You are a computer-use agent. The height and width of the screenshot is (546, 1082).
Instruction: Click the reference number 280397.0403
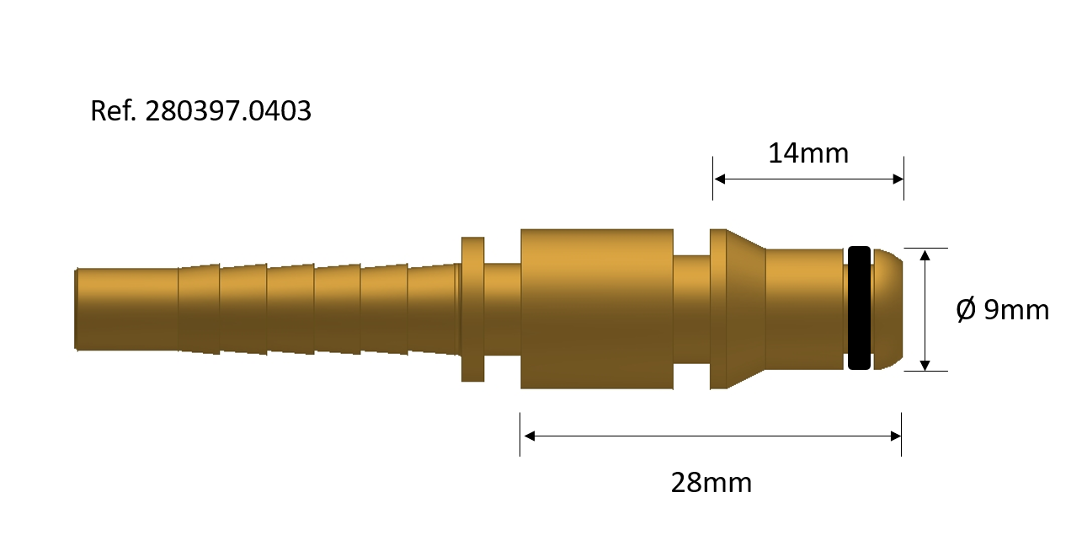(x=228, y=110)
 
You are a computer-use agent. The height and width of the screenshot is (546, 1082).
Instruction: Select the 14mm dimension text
(x=808, y=153)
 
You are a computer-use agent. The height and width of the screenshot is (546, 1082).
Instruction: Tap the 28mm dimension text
(x=711, y=483)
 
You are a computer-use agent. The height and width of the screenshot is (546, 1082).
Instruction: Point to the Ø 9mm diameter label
(x=1002, y=310)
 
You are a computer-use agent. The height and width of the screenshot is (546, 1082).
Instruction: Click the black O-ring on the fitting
(x=858, y=308)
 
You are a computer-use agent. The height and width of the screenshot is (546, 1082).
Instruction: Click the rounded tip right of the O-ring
(x=887, y=308)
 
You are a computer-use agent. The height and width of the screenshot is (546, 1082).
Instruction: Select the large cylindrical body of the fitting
(x=596, y=308)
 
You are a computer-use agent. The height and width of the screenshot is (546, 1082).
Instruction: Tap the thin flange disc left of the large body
(x=473, y=308)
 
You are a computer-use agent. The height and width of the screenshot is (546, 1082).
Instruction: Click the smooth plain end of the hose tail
(x=126, y=309)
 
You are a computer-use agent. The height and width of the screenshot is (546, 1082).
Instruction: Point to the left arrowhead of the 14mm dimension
(x=719, y=179)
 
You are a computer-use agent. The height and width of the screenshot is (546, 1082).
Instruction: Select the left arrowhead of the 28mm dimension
(x=529, y=436)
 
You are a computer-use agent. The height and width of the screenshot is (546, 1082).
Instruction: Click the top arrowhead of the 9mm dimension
(x=925, y=254)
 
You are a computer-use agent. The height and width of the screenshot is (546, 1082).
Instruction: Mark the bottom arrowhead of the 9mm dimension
(x=925, y=365)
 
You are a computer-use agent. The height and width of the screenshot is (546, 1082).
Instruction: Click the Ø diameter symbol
(x=966, y=310)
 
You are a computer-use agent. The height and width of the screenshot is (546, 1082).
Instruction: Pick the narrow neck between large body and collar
(x=691, y=308)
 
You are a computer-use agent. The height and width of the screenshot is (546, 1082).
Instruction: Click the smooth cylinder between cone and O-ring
(x=803, y=308)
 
